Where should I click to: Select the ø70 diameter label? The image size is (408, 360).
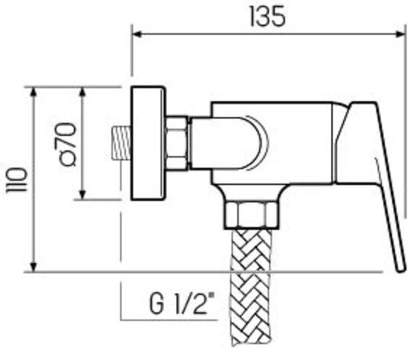click(67, 143)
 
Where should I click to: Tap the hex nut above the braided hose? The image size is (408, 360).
click(251, 212)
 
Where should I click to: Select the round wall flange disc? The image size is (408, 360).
click(148, 143)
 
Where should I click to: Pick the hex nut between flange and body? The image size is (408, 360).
click(177, 143)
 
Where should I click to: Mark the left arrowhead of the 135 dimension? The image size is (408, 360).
click(137, 32)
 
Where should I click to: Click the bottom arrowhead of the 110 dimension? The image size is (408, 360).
click(32, 268)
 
